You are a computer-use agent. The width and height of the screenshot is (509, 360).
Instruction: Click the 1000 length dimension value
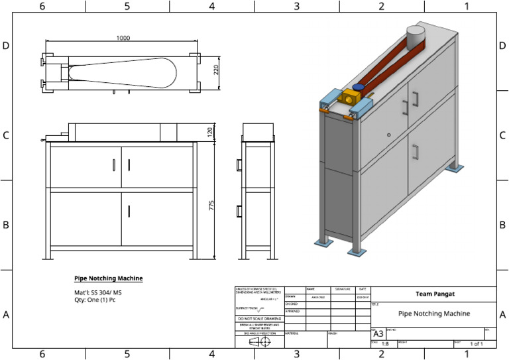[x=123, y=38]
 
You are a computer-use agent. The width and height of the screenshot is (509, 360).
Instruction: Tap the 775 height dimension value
[x=212, y=205]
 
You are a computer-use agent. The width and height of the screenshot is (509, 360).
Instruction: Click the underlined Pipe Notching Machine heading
[x=108, y=278]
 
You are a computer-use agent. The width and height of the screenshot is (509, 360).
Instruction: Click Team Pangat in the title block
[x=434, y=294]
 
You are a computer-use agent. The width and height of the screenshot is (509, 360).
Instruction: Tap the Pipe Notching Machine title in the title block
[x=434, y=314]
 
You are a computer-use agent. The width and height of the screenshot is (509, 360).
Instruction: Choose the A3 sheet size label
[x=378, y=333]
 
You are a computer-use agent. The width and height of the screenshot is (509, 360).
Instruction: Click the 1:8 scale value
[x=384, y=344]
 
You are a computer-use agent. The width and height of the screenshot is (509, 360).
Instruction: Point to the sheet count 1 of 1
[x=476, y=344]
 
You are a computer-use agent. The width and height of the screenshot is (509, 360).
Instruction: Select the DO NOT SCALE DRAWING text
[x=259, y=319]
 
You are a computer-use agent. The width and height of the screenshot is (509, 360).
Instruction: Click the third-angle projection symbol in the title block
[x=259, y=342]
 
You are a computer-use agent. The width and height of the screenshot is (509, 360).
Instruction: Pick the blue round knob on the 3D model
[x=359, y=87]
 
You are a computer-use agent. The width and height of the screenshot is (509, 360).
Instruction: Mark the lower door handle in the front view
[x=129, y=211]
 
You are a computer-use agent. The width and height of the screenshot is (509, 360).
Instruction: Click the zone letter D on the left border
[x=6, y=46]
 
